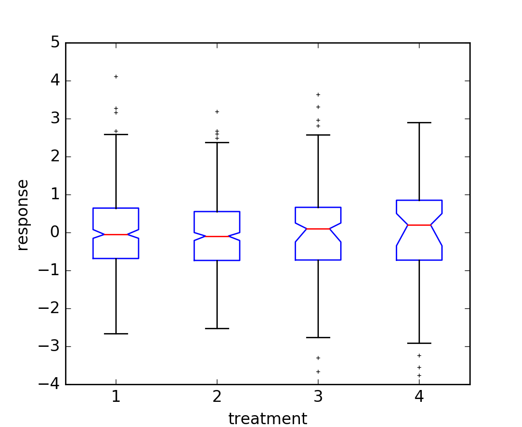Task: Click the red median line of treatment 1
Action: click(x=116, y=234)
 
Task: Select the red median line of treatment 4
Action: click(x=419, y=225)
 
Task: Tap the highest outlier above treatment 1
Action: click(x=116, y=76)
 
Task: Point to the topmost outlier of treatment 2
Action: click(x=217, y=111)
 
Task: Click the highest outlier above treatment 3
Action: click(x=318, y=94)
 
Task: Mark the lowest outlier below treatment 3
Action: click(x=318, y=371)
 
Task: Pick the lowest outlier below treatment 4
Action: click(x=419, y=375)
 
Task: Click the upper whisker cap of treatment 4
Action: click(x=419, y=122)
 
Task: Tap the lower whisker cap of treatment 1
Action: click(x=116, y=334)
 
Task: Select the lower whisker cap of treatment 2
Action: click(x=217, y=328)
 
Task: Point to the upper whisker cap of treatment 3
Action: click(x=318, y=135)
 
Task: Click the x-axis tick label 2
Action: click(x=217, y=397)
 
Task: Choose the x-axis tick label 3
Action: click(x=318, y=397)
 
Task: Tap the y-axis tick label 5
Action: click(x=56, y=43)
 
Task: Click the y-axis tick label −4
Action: click(x=50, y=384)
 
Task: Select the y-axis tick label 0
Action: click(x=56, y=232)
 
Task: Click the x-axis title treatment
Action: click(x=268, y=419)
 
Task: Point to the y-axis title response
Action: click(x=22, y=214)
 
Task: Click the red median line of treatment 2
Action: click(x=217, y=236)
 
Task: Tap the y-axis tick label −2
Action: click(x=50, y=308)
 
